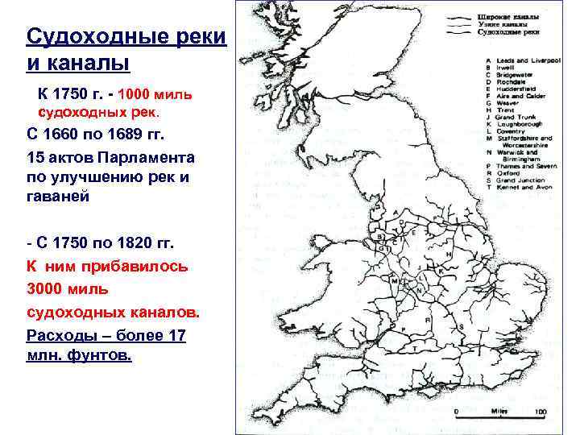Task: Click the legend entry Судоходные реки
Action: coord(507,33)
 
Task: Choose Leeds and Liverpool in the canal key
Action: coord(524,61)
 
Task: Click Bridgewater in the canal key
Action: coord(516,74)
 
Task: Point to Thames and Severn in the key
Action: coord(528,164)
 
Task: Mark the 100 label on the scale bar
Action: coord(539,412)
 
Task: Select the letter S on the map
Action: coord(459,326)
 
